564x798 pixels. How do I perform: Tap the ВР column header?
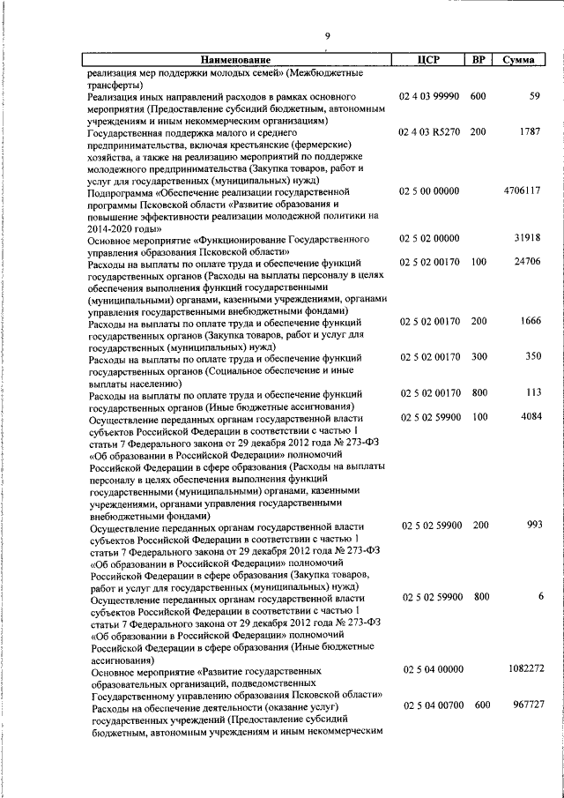[478, 60]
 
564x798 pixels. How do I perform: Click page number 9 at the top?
[327, 35]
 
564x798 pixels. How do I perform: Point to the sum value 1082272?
[525, 669]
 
